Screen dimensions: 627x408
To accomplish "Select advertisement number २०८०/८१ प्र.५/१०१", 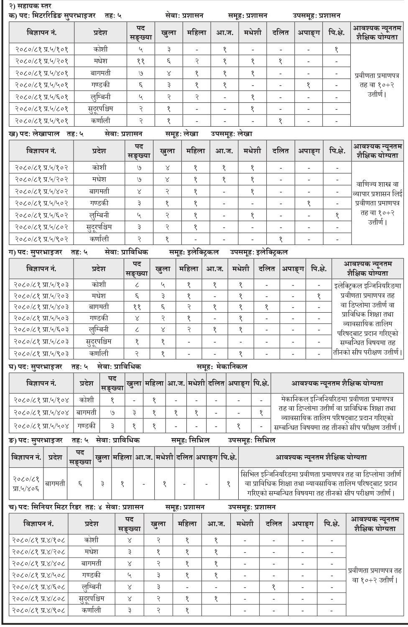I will click(42, 49).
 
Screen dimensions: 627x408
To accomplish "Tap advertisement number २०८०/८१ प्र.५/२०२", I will click(41, 179).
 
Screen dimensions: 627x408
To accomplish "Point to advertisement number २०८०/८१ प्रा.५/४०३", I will click(41, 307).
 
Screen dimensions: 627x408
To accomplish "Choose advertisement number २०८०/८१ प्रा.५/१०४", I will click(41, 400).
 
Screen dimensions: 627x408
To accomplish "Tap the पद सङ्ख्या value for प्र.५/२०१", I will click(140, 61).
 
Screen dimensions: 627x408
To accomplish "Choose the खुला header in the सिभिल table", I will click(102, 458).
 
